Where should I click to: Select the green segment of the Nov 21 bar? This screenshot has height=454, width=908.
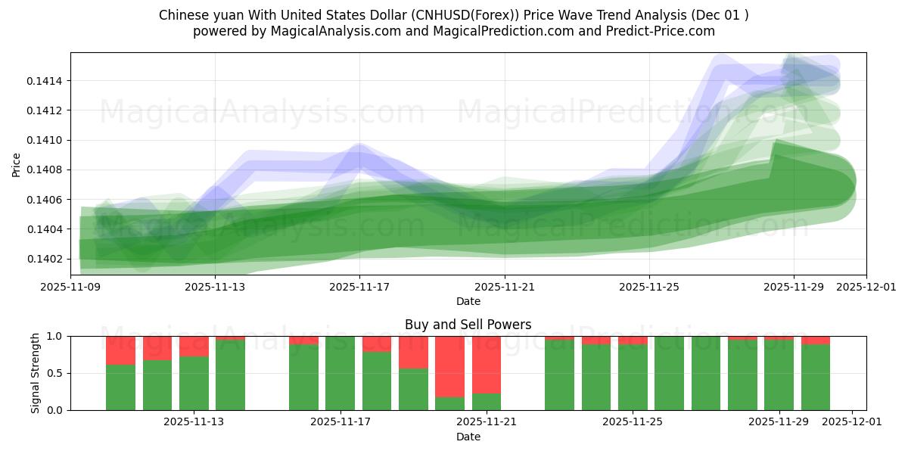(487, 402)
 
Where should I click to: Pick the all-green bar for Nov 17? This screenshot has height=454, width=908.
(340, 373)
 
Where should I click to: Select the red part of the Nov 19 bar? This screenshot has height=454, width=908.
(413, 352)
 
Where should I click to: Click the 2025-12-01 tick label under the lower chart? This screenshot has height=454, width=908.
(852, 422)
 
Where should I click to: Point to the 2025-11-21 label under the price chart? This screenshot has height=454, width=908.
(505, 288)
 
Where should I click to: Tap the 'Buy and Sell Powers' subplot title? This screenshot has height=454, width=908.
(468, 325)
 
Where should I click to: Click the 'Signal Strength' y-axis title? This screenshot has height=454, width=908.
(36, 373)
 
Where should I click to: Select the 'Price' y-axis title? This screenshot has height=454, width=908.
(17, 163)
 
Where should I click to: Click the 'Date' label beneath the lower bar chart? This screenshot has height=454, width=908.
(468, 437)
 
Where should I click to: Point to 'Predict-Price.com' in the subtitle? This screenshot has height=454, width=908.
(657, 31)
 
